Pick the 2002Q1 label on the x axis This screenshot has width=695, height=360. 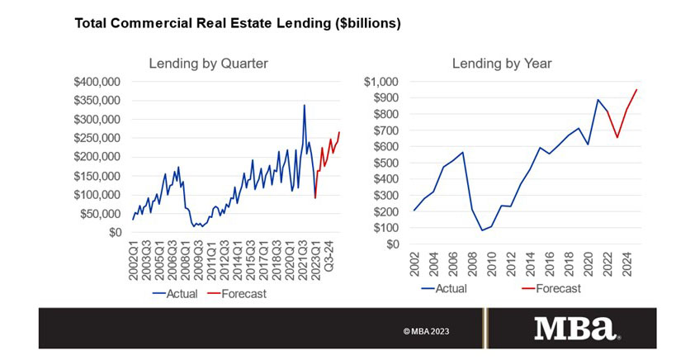(x=135, y=263)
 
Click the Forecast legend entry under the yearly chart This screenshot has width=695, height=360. (x=551, y=288)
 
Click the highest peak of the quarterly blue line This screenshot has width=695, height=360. (x=305, y=105)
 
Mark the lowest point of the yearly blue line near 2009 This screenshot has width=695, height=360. (x=482, y=230)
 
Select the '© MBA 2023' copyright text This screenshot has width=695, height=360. (x=427, y=331)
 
